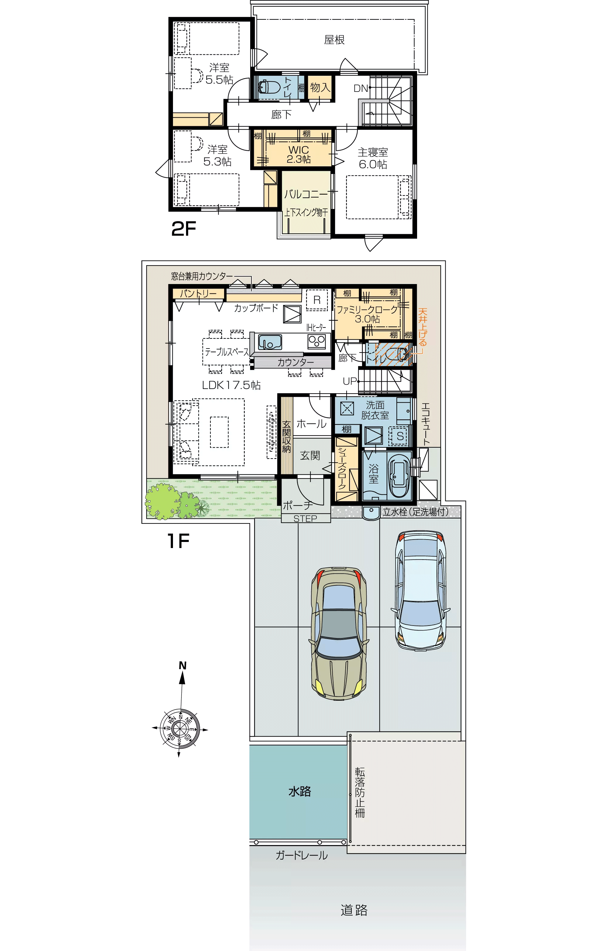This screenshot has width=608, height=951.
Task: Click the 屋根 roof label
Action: [334, 40]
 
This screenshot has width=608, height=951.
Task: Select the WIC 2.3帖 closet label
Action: [299, 154]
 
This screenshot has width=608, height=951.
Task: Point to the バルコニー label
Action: [306, 194]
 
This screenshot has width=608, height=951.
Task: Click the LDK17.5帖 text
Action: [231, 385]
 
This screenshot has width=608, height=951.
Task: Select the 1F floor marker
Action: [178, 541]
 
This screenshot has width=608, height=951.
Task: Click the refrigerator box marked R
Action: [317, 300]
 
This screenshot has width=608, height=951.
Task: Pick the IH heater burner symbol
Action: [317, 340]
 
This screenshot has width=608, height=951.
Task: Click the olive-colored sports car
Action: [339, 634]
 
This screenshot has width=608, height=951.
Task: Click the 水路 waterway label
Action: [300, 791]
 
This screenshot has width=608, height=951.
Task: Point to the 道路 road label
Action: [354, 910]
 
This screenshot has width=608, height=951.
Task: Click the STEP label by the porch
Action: [305, 519]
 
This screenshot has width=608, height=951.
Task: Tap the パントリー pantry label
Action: [198, 294]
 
